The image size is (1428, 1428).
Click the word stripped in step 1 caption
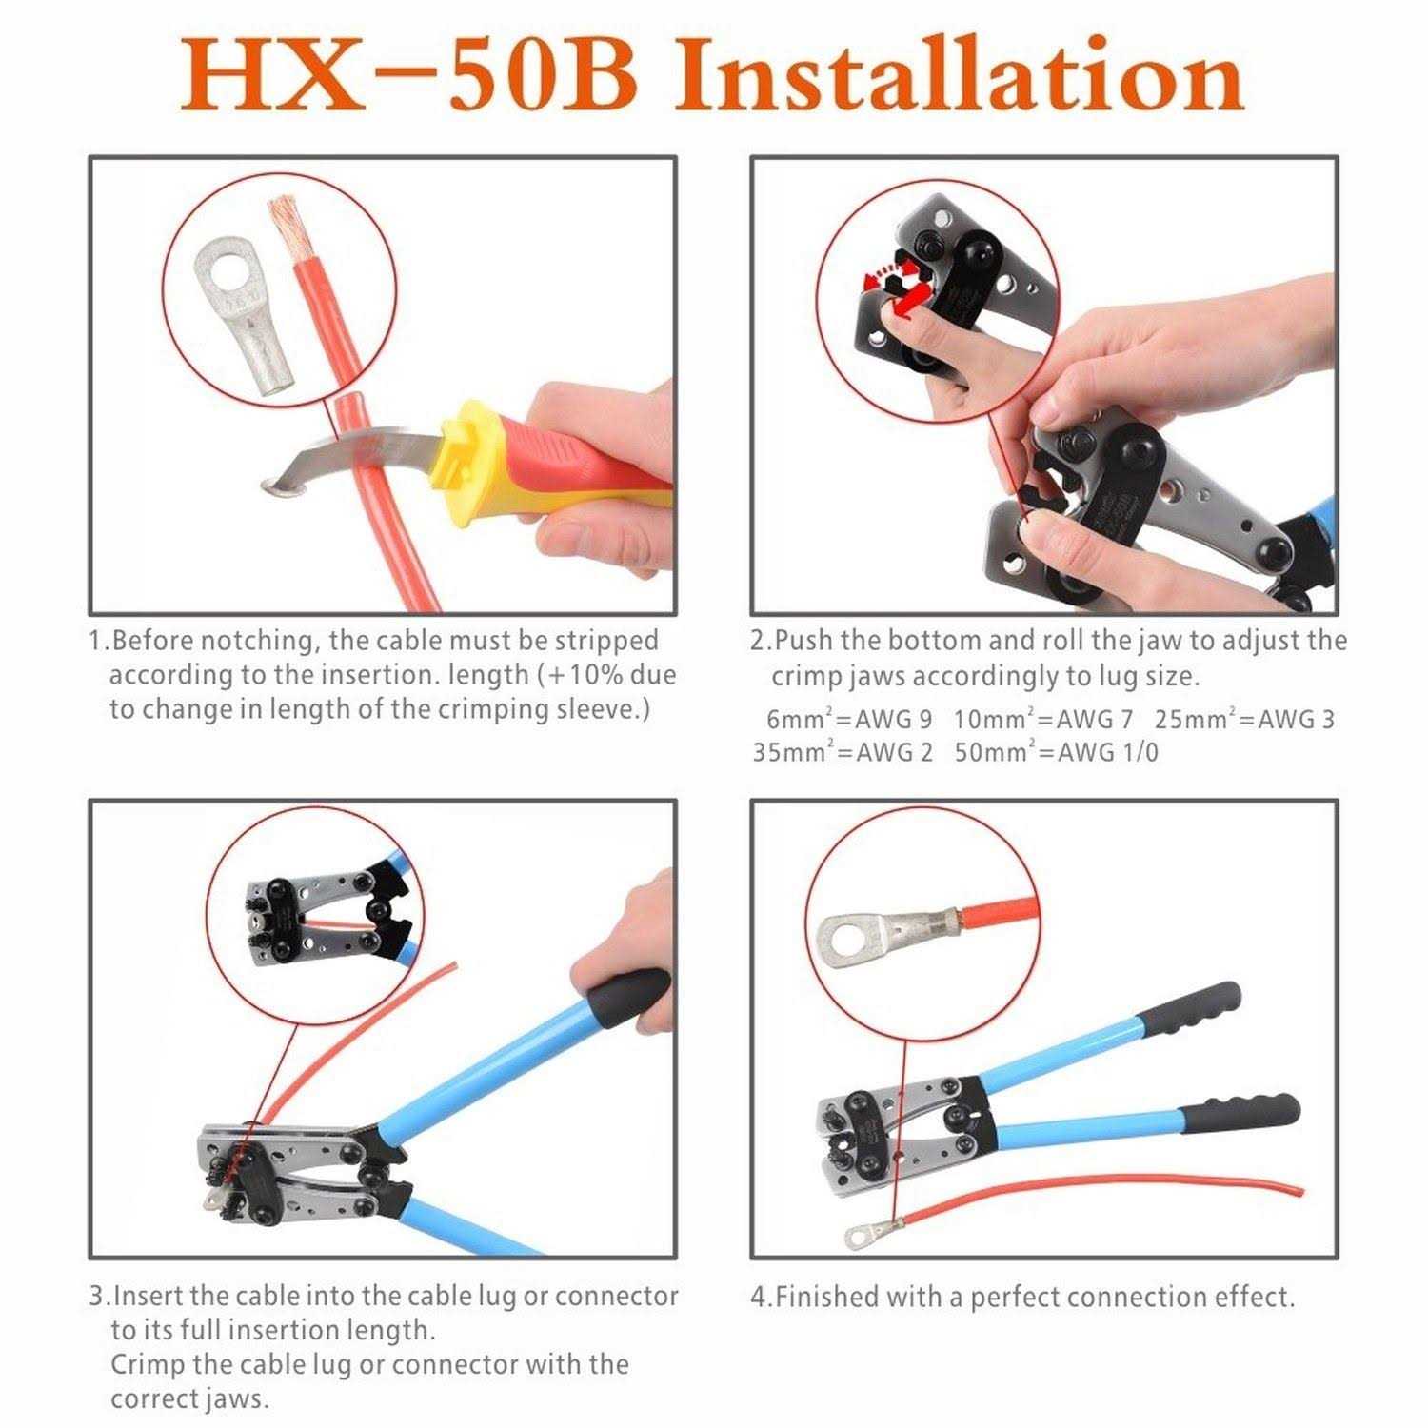pyautogui.click(x=606, y=642)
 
